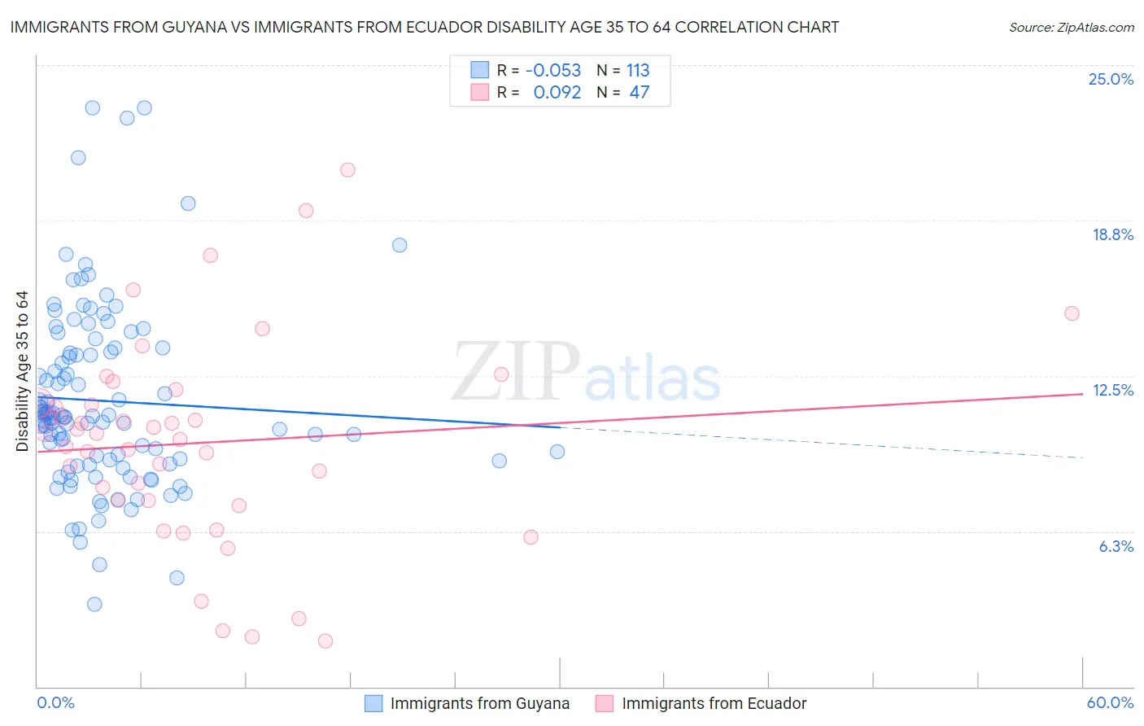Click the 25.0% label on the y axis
(1111, 79)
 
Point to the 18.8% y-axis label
(1112, 234)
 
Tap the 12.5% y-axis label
(1112, 390)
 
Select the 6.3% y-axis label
(1116, 546)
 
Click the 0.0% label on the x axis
(55, 702)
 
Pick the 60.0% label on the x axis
(1110, 702)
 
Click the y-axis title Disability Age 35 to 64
(22, 370)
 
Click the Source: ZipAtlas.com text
(1071, 27)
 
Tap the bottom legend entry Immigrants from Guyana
(479, 703)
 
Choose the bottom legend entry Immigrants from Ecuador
(714, 703)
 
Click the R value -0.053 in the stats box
(553, 70)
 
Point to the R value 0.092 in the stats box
(557, 92)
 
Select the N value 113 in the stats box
(638, 70)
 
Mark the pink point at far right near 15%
(1072, 313)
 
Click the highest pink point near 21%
(347, 170)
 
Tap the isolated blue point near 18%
(400, 245)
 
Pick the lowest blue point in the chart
(94, 604)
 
